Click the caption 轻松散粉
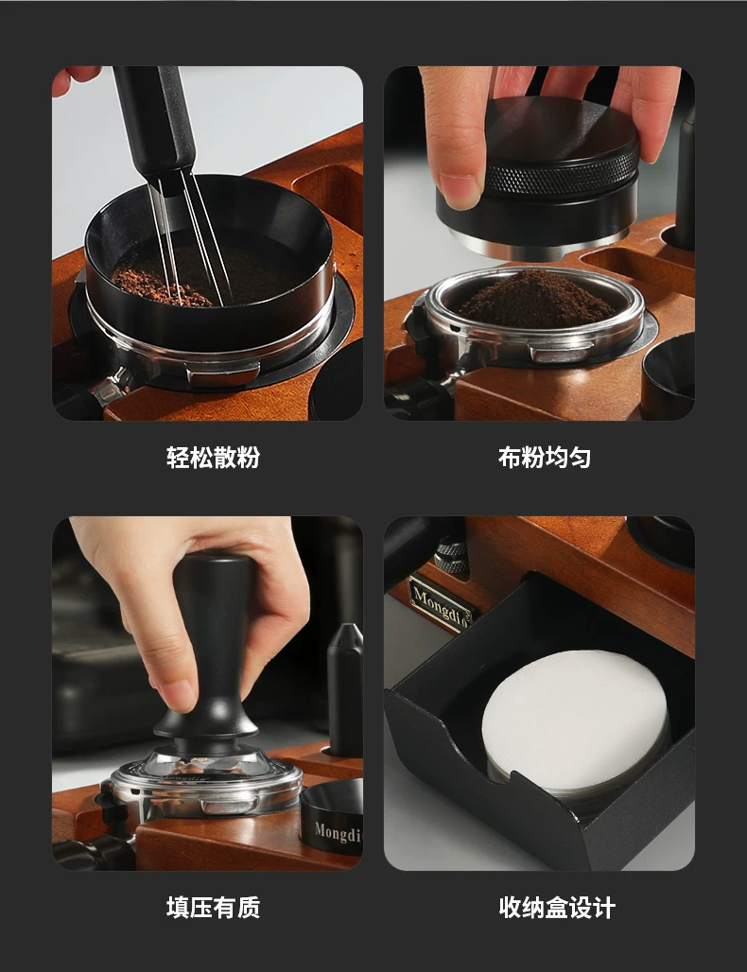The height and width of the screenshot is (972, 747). click(213, 458)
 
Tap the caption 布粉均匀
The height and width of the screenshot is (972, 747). click(544, 458)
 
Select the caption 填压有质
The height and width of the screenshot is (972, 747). click(213, 908)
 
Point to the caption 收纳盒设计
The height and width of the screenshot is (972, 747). click(556, 908)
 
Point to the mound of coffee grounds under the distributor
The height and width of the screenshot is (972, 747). click(535, 301)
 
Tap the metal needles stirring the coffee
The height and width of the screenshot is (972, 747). click(189, 238)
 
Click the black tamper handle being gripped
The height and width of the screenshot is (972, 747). click(213, 645)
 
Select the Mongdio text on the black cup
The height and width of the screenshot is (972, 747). click(338, 832)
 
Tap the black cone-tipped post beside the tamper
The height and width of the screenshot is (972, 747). click(345, 689)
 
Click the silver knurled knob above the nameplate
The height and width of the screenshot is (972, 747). click(451, 556)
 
